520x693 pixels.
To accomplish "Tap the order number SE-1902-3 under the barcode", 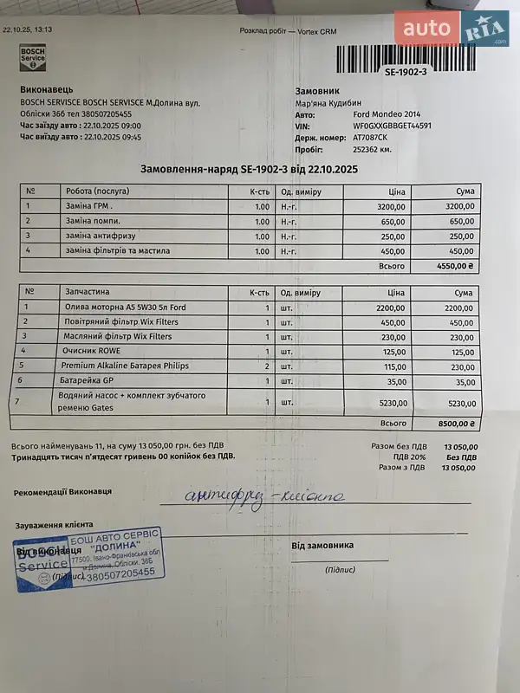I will pyautogui.click(x=406, y=72).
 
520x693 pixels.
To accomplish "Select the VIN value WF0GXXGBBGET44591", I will pyautogui.click(x=392, y=126).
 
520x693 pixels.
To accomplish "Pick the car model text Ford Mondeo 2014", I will pyautogui.click(x=388, y=114).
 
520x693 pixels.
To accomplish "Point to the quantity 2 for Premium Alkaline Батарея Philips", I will pyautogui.click(x=267, y=366).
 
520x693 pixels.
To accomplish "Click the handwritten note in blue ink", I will pyautogui.click(x=264, y=496).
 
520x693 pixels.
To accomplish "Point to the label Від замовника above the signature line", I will pyautogui.click(x=322, y=546).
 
